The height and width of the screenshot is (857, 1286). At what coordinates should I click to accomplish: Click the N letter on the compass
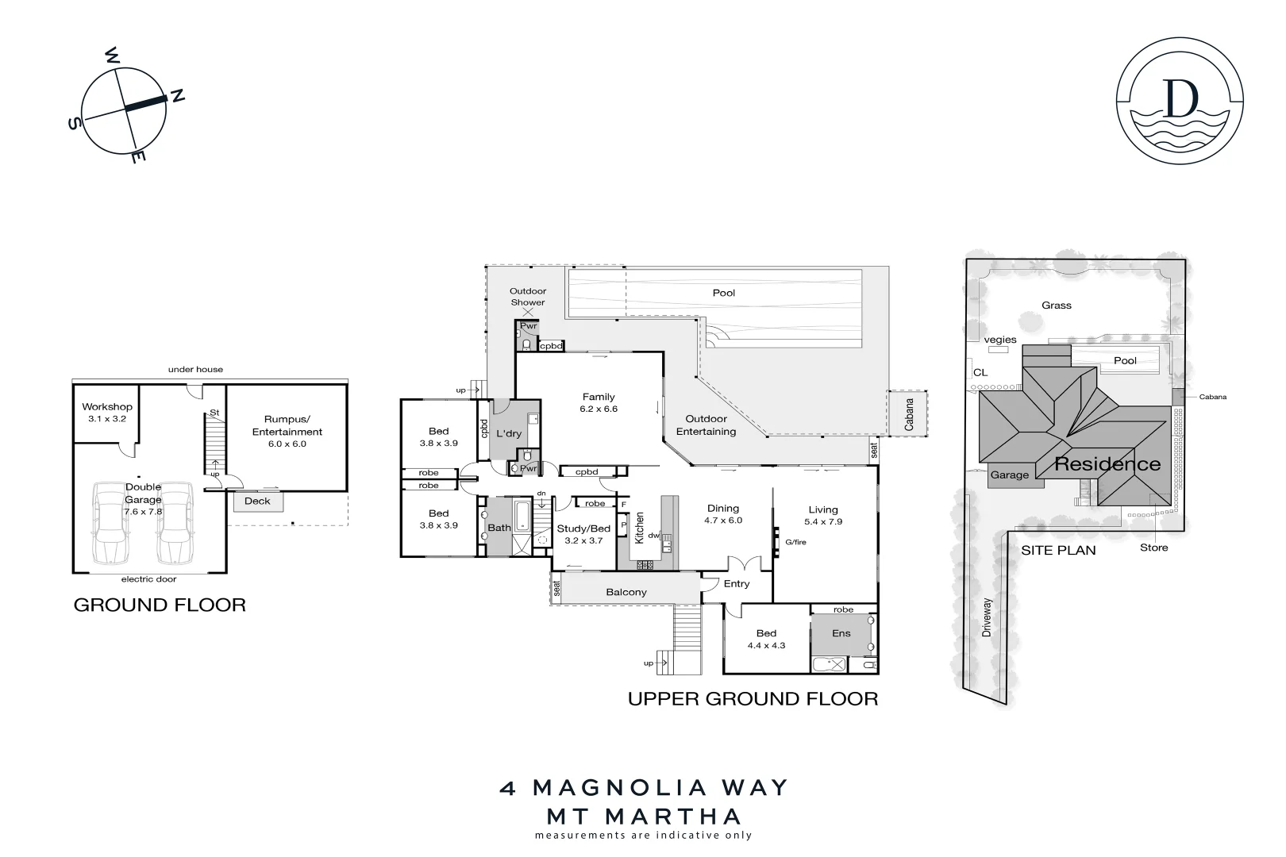point(179,96)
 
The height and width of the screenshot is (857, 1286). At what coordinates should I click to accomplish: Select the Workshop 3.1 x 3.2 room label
point(107,412)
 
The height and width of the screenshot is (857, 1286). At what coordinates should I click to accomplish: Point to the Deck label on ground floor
point(257,501)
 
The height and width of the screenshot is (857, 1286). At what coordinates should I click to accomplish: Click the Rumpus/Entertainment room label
point(287,431)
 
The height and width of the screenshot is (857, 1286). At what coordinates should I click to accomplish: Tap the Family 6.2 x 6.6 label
point(599,402)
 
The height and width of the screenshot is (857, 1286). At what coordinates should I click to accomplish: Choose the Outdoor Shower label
point(528,297)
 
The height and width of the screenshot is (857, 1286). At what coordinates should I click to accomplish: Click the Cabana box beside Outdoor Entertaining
point(907,413)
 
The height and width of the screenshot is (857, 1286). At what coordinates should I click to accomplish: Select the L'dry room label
point(509,434)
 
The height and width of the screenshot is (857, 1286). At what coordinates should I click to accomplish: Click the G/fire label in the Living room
point(795,542)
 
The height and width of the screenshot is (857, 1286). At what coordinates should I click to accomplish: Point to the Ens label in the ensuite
point(841,633)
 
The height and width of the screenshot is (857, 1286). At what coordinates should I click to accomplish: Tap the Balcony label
point(626,592)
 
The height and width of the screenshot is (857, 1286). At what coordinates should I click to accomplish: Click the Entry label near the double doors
point(737,583)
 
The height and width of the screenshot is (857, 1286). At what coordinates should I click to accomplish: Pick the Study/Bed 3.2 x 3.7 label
point(583,534)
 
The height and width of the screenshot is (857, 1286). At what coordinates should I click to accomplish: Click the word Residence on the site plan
point(1107,464)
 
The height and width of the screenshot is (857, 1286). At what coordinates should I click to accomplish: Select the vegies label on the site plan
point(1000,340)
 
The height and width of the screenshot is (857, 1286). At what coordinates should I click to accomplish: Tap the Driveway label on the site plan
point(987,617)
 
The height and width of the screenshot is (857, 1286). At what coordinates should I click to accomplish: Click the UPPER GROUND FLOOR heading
point(753,699)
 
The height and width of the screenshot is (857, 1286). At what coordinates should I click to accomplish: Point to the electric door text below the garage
point(148,579)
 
